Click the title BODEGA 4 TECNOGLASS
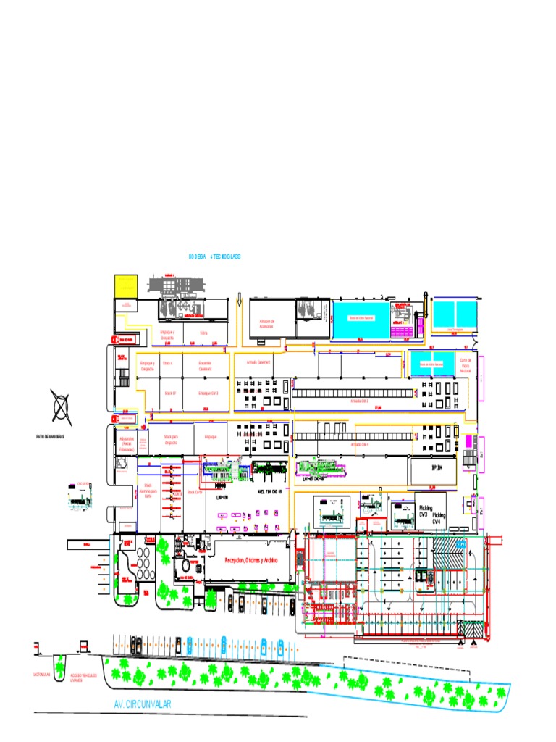(x=214, y=257)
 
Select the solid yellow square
(x=126, y=285)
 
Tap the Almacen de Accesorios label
(x=267, y=323)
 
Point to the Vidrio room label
(x=204, y=333)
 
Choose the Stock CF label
(x=170, y=392)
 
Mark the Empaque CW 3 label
(x=208, y=392)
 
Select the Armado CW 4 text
(x=359, y=444)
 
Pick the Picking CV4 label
(x=439, y=519)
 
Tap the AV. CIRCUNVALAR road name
(x=143, y=704)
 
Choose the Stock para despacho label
(x=171, y=439)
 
